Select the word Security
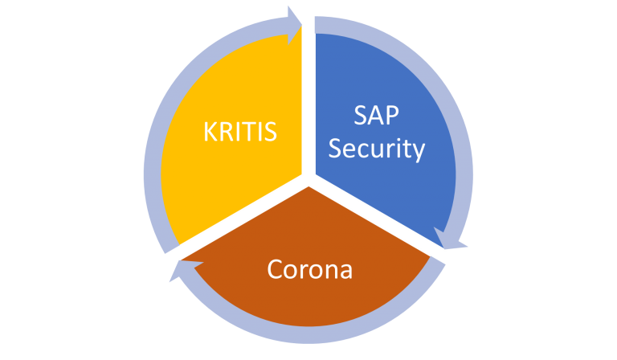376,149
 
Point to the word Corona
309,269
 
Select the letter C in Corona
276,269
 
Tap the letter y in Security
418,152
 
